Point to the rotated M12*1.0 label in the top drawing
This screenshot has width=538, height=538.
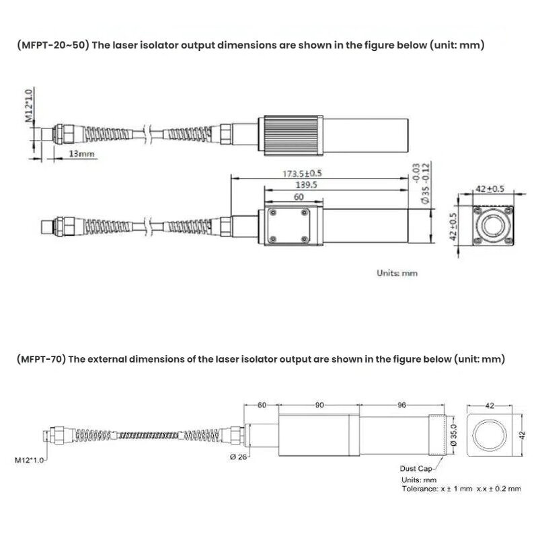(29, 106)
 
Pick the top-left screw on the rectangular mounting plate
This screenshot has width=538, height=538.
(272, 212)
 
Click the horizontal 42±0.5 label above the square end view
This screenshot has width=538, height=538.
(490, 189)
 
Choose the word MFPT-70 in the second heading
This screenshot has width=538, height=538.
(40, 359)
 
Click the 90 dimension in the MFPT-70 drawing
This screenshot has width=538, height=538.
(319, 405)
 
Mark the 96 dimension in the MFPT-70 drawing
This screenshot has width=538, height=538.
(402, 405)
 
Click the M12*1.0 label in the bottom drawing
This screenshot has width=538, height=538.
(29, 461)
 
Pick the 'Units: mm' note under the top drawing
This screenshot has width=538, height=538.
(396, 273)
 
